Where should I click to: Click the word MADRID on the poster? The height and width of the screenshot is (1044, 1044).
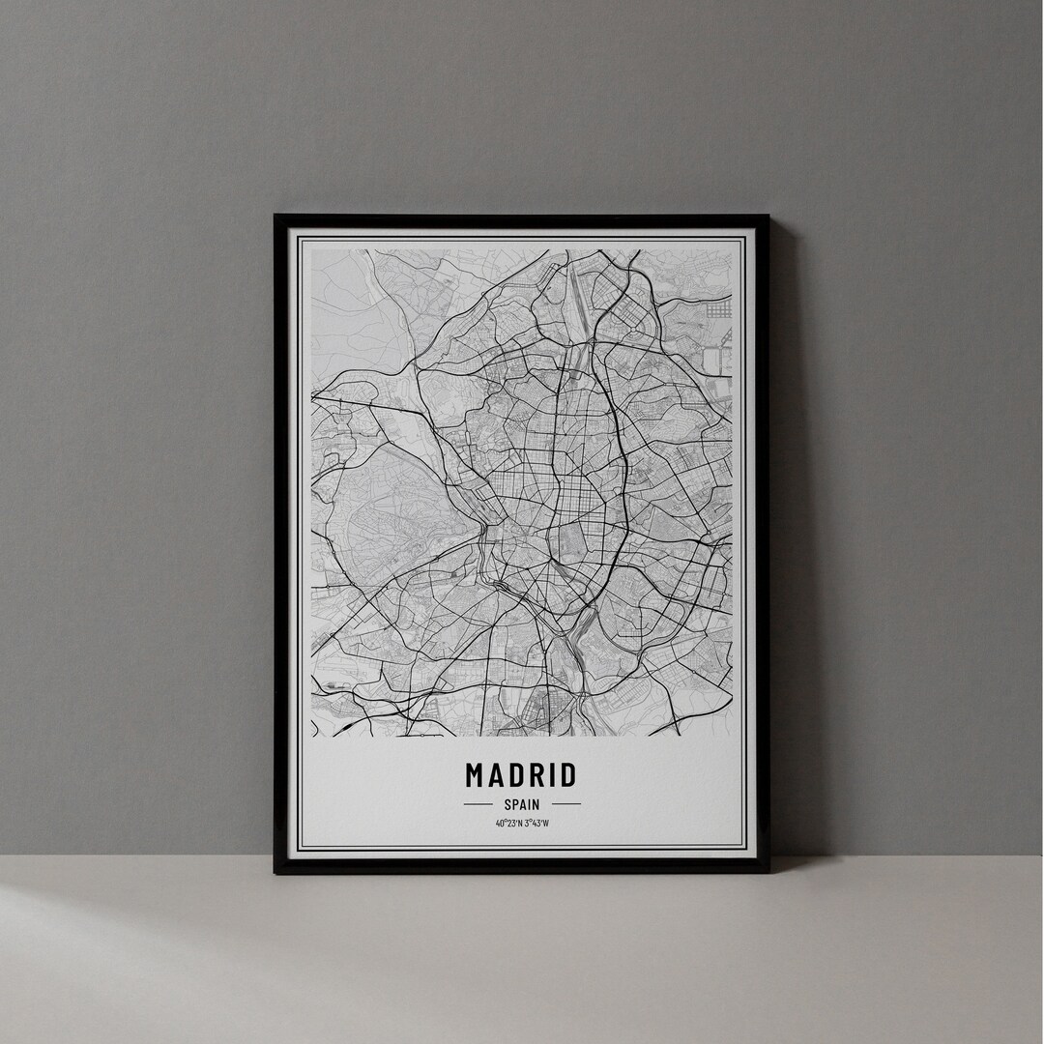(521, 775)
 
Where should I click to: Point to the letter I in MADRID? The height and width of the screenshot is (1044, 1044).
(555, 775)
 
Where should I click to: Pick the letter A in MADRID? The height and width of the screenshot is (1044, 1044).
(498, 775)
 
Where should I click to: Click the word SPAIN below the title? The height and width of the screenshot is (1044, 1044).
(522, 803)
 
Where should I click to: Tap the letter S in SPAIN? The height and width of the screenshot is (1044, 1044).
(507, 803)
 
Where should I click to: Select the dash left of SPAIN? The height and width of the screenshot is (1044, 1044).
(478, 803)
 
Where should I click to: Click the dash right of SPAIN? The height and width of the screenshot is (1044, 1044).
(566, 803)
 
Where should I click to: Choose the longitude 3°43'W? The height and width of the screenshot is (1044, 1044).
(536, 824)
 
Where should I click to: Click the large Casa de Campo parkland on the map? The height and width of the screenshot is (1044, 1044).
(387, 512)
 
